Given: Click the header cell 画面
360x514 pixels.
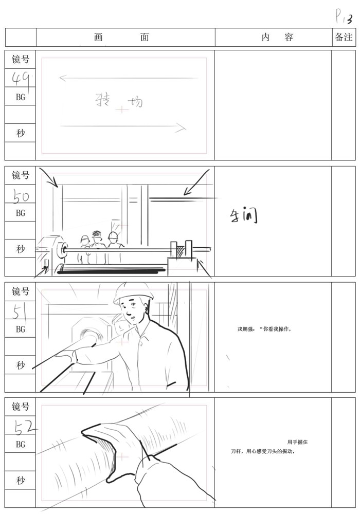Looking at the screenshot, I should [x=122, y=38].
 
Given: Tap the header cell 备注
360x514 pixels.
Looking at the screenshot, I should [x=344, y=38].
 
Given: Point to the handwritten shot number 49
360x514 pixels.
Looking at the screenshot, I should [x=21, y=78].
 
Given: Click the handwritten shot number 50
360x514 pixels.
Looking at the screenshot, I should [x=21, y=195].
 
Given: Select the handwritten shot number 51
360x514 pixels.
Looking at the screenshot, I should [x=20, y=310].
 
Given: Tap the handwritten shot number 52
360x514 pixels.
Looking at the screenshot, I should [x=21, y=426].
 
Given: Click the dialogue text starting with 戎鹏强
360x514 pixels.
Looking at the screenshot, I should [x=265, y=329].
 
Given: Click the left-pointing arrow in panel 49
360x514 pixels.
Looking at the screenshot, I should [x=128, y=79].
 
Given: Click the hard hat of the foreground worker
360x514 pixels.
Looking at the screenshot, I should [x=133, y=291].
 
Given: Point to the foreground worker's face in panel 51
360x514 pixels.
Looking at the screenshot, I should [x=133, y=310].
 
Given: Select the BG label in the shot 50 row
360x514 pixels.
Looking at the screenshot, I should [x=21, y=213].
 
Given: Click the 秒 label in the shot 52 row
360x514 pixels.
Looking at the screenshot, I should [x=21, y=481].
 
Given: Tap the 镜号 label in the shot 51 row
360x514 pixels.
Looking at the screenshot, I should [x=21, y=291].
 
